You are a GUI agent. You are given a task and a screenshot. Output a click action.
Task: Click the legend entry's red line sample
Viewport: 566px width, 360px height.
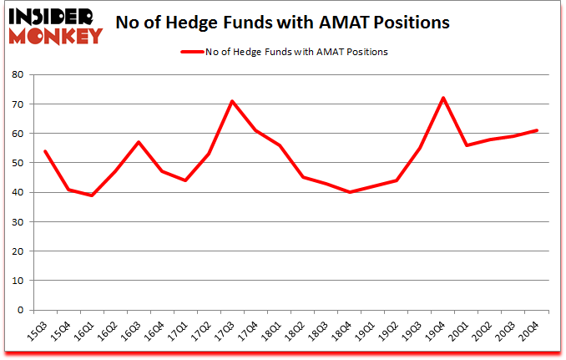pos(192,52)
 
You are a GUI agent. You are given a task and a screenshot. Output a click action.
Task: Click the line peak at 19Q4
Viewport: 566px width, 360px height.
pos(442,98)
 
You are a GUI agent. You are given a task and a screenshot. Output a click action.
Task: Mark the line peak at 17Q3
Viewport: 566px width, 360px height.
pos(232,101)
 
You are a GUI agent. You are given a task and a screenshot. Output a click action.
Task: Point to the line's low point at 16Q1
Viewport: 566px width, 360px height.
pos(92,195)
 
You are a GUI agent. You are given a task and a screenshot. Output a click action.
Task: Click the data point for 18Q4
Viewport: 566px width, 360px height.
pos(349,192)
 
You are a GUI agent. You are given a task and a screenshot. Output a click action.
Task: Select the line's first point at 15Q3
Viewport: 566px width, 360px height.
pos(45,151)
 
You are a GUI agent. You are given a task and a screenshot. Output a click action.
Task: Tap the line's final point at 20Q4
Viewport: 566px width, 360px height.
pos(536,130)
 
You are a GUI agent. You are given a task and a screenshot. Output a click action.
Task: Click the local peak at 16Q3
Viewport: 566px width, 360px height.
pos(139,142)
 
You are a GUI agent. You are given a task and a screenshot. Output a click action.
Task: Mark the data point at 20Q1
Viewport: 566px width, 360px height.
pos(466,145)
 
